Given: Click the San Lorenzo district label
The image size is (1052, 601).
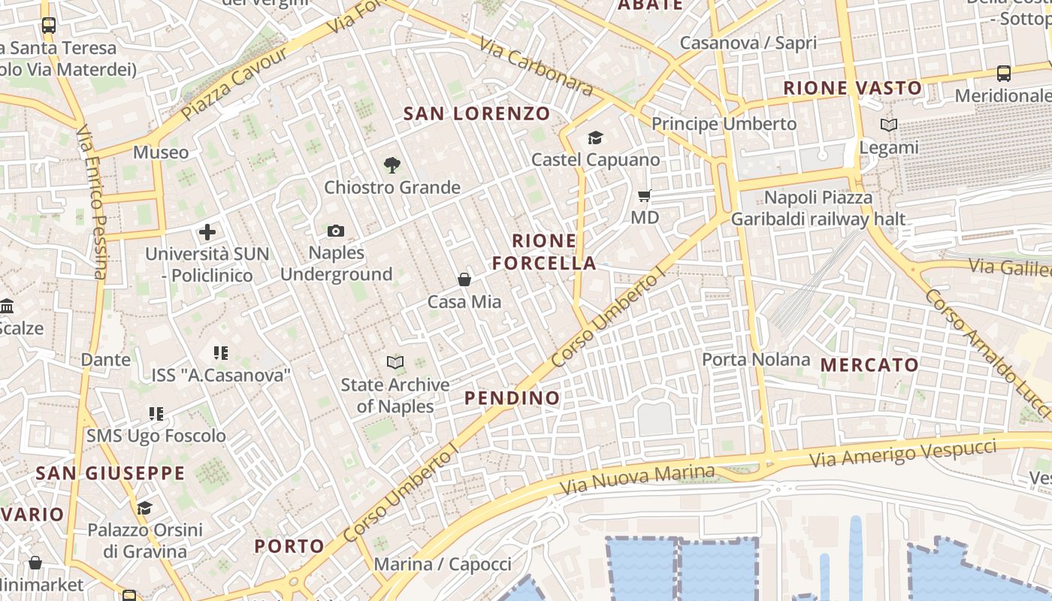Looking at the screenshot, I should coord(477,114).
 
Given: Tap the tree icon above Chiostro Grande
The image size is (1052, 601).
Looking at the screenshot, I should coord(391,165).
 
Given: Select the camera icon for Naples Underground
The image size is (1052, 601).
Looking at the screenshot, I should coord(336,231).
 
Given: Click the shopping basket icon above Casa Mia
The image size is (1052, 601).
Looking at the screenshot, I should coord(464,279).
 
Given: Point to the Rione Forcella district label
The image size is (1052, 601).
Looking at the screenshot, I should coord(544,252).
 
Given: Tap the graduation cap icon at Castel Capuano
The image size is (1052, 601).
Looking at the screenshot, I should coord(595,137).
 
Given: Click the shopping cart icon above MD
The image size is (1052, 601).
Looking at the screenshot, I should coord(644,196).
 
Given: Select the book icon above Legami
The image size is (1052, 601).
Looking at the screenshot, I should coord(889,125).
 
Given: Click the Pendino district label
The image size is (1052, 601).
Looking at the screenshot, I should coord(512,398).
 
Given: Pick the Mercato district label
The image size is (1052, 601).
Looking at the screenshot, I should coord(869,366).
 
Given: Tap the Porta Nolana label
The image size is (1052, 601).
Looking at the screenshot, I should coord(756,360).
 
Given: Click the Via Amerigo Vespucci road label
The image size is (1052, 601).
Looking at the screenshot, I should coord(903,453).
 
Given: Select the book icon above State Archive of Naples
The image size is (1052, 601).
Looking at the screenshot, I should coord(395,363).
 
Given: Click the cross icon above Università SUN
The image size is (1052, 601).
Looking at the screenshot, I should coord(207,232).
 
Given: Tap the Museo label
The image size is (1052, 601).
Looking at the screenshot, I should coord(161,153).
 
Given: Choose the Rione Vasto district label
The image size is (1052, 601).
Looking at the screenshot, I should coord(853,88).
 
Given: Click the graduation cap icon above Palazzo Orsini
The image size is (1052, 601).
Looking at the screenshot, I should coord(144,508).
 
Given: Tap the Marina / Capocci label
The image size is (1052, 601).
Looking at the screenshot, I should coord(443,564).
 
